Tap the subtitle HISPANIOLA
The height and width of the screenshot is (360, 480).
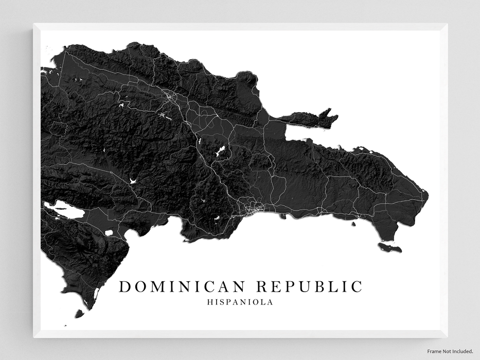tap(240, 302)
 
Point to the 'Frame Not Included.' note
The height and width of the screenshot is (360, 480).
tap(449, 351)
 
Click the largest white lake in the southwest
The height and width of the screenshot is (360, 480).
tap(64, 210)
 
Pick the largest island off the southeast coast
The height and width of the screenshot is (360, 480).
tap(389, 247)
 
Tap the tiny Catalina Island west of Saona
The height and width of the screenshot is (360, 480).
tap(354, 223)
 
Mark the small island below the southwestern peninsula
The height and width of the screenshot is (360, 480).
tap(79, 313)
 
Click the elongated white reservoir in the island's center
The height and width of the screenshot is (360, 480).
tap(220, 151)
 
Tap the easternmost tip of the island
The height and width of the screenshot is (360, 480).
tap(428, 194)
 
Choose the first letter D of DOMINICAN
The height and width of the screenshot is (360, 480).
tap(125, 286)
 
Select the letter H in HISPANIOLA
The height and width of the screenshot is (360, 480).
tap(209, 302)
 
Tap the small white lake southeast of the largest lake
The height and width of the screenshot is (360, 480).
tap(109, 232)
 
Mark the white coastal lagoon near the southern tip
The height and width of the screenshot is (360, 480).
tap(96, 294)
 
